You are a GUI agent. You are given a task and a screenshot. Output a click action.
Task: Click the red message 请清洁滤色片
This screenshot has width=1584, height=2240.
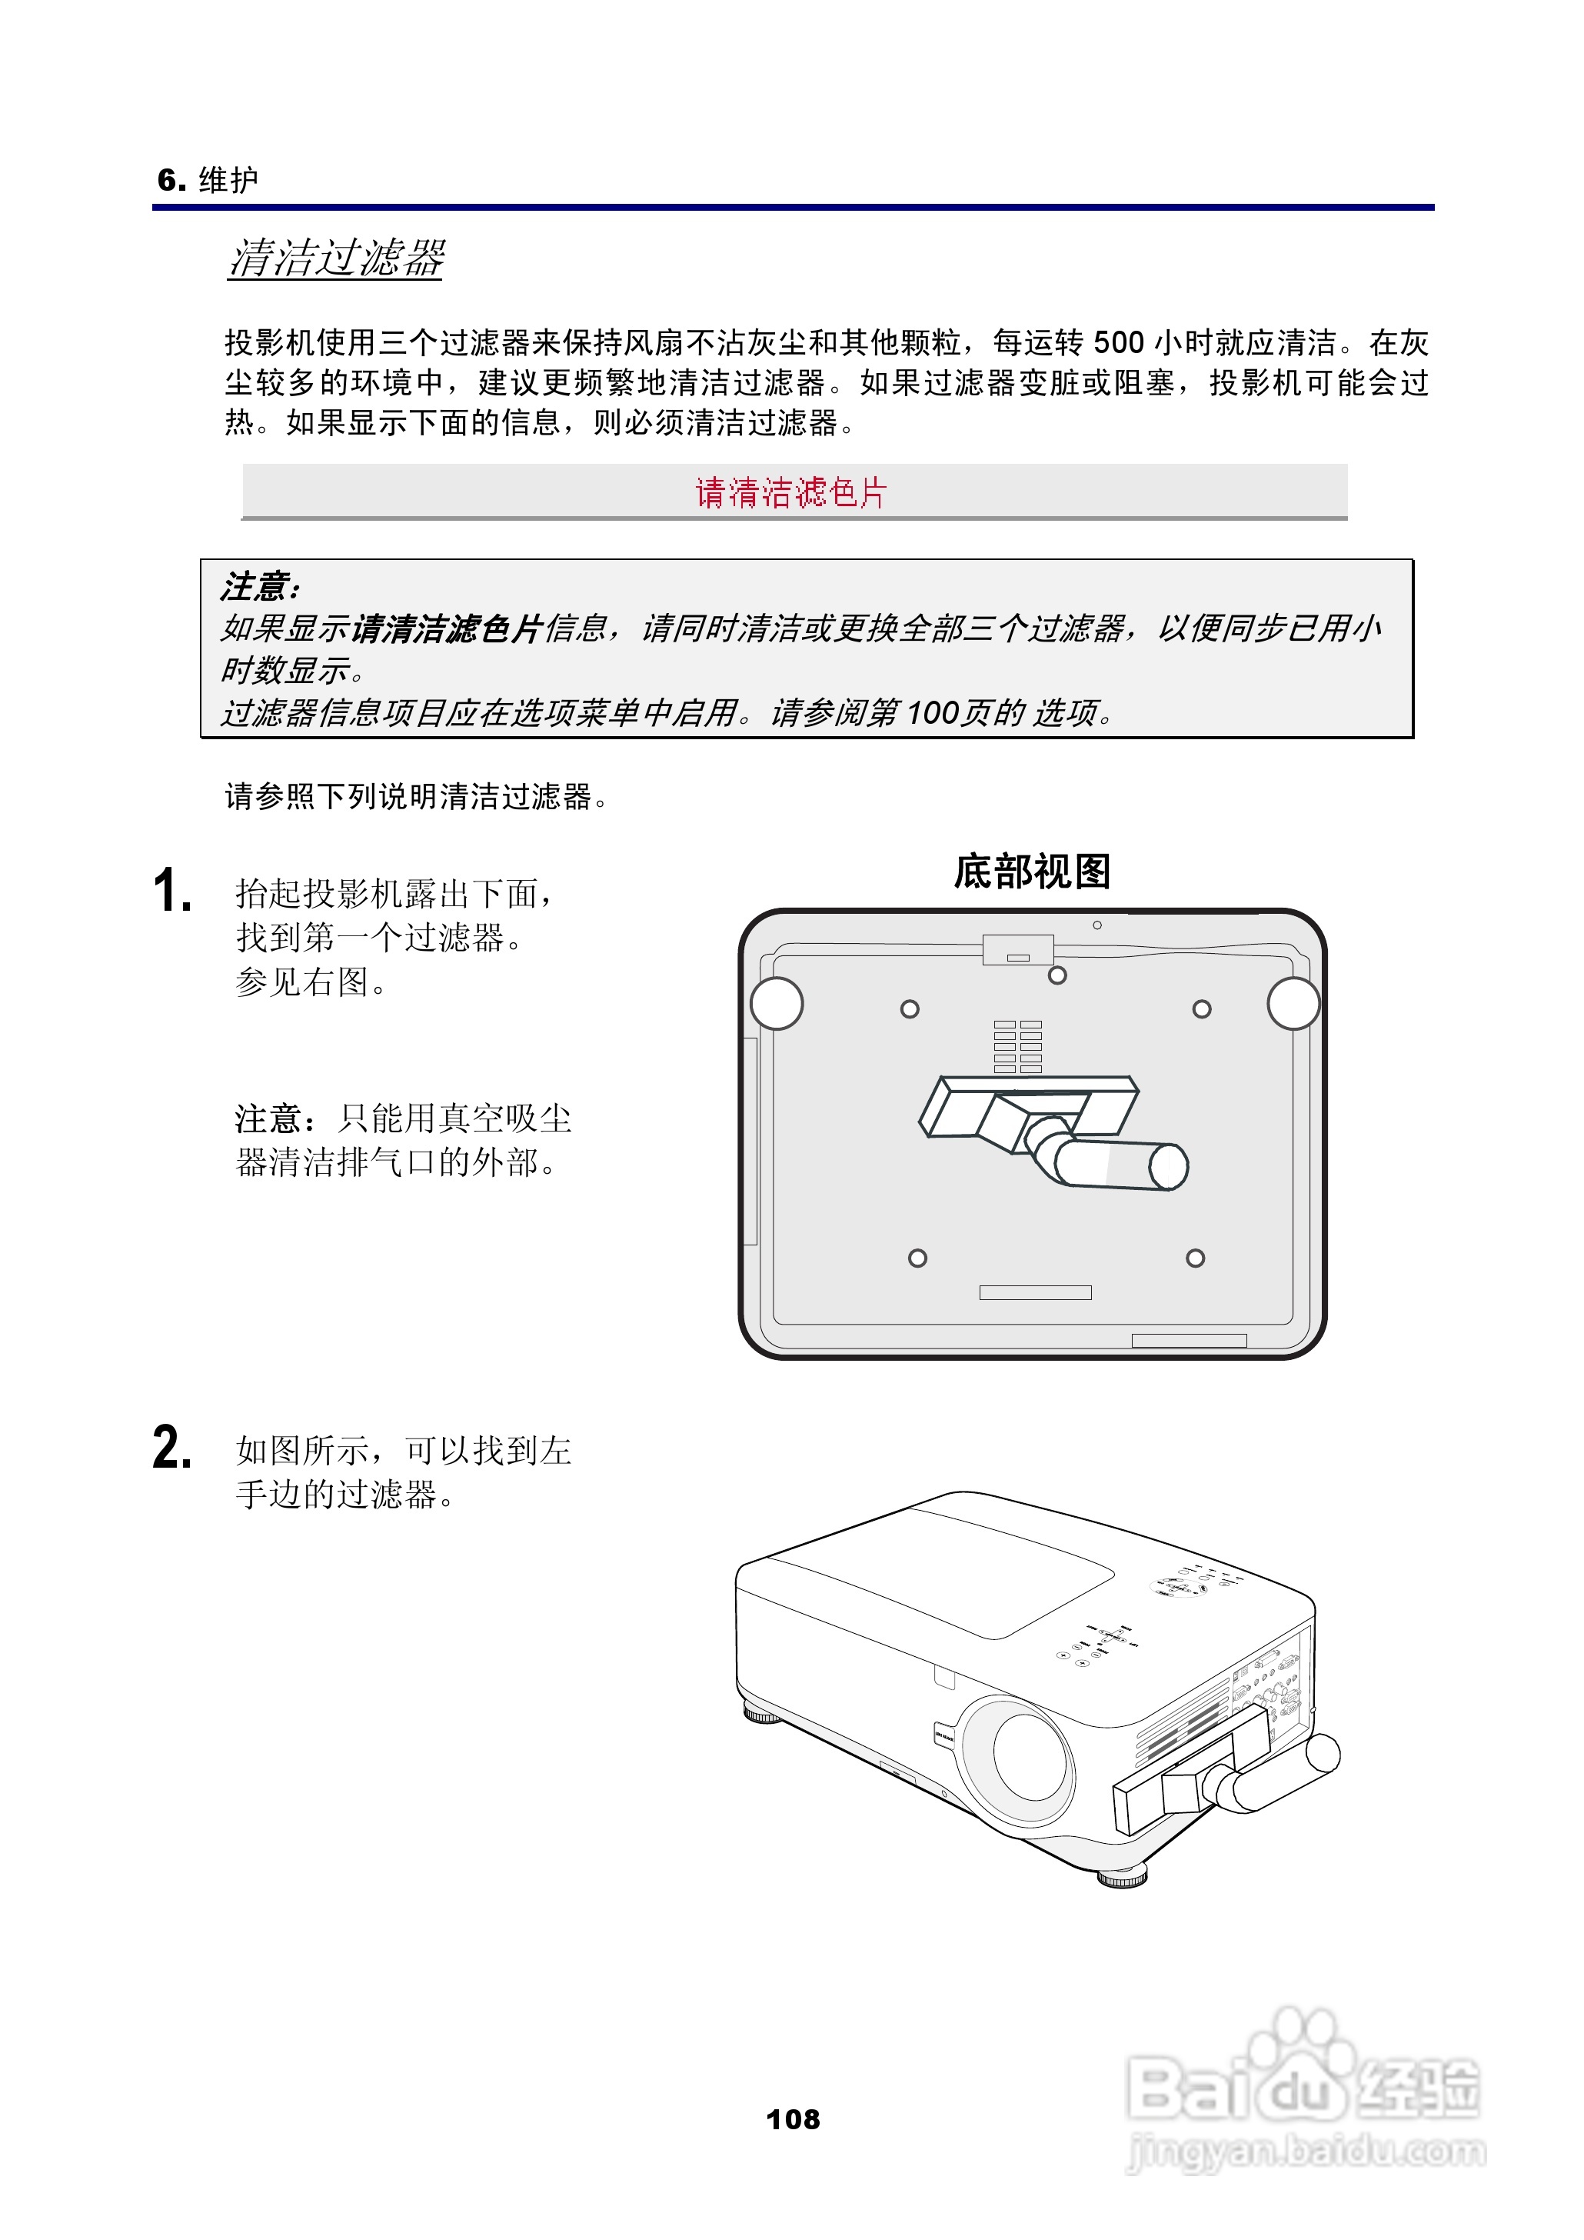[791, 492]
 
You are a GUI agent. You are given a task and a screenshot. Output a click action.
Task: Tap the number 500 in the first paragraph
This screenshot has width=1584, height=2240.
[1118, 342]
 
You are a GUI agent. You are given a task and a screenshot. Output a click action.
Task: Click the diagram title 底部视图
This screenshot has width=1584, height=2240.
[1032, 872]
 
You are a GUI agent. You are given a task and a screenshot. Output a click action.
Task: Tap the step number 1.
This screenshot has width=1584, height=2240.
[173, 891]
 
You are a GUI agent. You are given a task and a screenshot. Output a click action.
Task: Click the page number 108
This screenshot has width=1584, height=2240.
[793, 2119]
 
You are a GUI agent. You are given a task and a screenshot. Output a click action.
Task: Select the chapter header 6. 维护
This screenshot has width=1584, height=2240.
[208, 179]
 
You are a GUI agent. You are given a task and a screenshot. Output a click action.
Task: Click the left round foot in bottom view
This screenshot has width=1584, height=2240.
[777, 1003]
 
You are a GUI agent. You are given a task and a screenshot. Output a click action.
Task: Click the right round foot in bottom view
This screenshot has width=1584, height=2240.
[1293, 1003]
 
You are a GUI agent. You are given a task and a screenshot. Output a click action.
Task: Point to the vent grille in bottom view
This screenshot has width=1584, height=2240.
[1017, 1047]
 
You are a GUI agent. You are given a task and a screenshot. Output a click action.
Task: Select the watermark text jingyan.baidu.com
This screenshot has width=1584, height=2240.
[1306, 2152]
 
